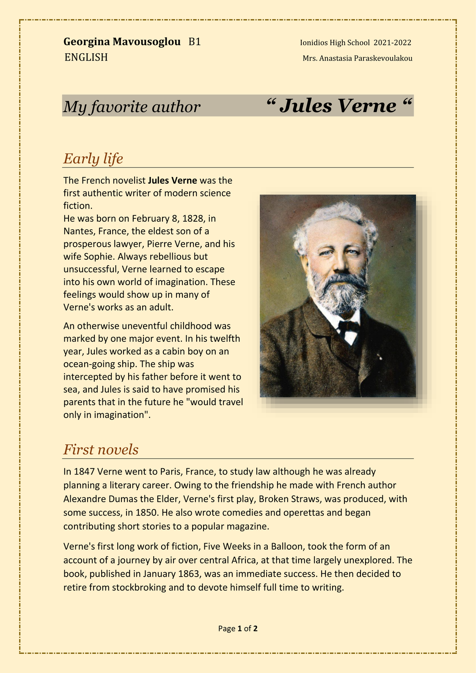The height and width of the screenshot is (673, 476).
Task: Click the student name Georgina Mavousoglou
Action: [122, 42]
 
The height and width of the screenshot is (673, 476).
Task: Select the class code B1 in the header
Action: [195, 42]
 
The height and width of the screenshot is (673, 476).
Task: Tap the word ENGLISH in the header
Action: [86, 58]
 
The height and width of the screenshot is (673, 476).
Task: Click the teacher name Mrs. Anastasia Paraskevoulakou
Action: [357, 58]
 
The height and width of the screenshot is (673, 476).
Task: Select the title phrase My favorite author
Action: [132, 107]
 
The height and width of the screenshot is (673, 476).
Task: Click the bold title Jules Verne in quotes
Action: [338, 106]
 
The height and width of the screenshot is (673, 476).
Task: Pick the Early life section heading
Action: [93, 159]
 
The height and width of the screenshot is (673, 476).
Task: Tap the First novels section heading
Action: [101, 449]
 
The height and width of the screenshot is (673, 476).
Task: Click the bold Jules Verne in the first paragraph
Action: [172, 181]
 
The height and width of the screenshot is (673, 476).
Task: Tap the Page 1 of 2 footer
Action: [238, 629]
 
